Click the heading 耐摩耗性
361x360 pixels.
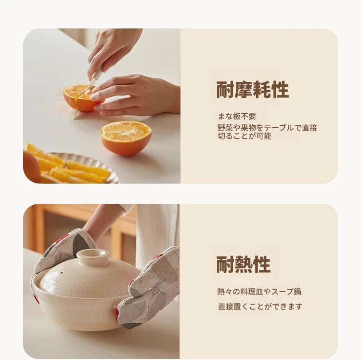[x=252, y=90]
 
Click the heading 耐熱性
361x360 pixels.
[x=243, y=264]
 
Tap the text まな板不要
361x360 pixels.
[x=237, y=116]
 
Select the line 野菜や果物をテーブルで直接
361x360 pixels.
[x=267, y=128]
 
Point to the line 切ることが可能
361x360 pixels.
[x=244, y=136]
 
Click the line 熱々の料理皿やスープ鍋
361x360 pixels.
[x=259, y=292]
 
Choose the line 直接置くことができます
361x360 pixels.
[x=260, y=307]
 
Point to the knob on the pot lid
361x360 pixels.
[x=93, y=256]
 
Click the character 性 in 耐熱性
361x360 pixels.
[x=261, y=264]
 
